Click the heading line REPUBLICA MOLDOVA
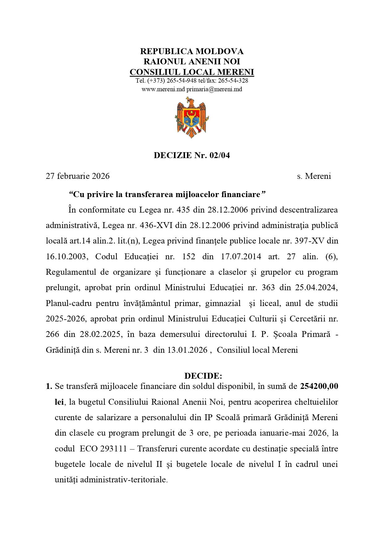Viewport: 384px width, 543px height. click(192, 51)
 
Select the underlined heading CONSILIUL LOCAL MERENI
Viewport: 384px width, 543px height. click(192, 72)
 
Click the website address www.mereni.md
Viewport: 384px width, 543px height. click(163, 89)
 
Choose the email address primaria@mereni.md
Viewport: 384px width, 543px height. click(214, 89)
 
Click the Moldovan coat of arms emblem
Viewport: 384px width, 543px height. click(192, 118)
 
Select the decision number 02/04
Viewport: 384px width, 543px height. click(220, 155)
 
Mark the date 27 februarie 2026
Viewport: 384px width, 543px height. click(78, 176)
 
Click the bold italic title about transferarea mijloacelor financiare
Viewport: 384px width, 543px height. click(167, 194)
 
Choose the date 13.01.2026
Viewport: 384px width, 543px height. click(188, 350)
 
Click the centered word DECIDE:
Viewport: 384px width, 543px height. click(203, 376)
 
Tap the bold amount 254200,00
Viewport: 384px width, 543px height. click(319, 386)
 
